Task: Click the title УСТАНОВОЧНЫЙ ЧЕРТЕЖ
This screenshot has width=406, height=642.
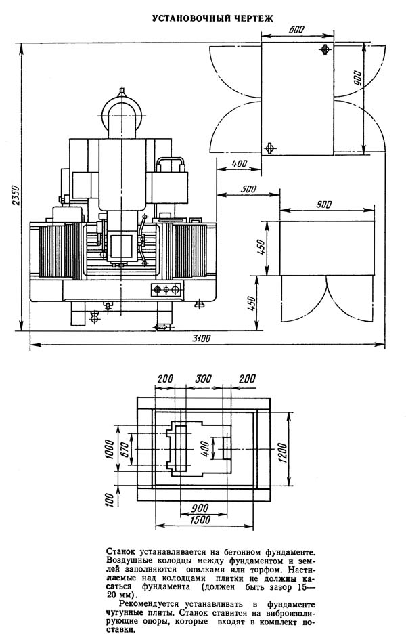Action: [213, 18]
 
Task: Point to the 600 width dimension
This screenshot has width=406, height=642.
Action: [296, 30]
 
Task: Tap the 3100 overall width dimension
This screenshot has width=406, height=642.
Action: [202, 338]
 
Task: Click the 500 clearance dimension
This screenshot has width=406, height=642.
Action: [249, 189]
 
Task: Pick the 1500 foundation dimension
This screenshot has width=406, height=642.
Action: [200, 519]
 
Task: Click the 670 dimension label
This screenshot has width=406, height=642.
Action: [125, 450]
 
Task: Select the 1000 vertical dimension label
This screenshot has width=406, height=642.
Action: [108, 450]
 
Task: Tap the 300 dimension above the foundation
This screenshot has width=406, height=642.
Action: [204, 379]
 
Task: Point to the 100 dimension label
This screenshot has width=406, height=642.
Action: [109, 500]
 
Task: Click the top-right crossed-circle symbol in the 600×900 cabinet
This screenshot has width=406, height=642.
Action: [325, 49]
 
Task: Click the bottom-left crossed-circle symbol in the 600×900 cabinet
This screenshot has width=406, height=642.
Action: [269, 148]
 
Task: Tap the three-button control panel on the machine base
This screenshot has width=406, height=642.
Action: [166, 290]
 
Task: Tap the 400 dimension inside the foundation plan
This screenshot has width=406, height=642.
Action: [206, 450]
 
